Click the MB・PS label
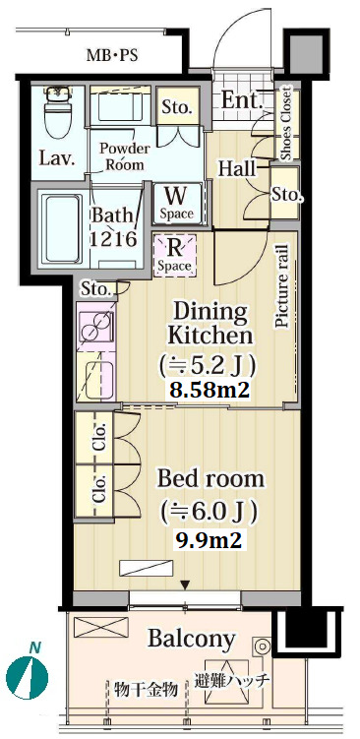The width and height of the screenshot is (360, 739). click(112, 56)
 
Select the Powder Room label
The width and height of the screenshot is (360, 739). click(124, 156)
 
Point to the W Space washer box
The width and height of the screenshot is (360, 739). click(176, 203)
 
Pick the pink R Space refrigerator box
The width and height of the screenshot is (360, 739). click(174, 256)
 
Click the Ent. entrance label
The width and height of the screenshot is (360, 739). click(242, 100)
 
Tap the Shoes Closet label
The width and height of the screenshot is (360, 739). click(286, 123)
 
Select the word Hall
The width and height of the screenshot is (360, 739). click(236, 168)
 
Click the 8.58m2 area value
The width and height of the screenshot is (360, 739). click(210, 390)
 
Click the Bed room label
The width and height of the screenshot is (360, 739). click(210, 480)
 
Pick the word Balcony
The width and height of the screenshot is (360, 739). click(191, 639)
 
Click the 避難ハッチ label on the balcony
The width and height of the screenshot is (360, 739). click(232, 681)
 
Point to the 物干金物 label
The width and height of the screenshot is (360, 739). click(147, 690)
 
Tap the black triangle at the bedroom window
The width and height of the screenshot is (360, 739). click(186, 585)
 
